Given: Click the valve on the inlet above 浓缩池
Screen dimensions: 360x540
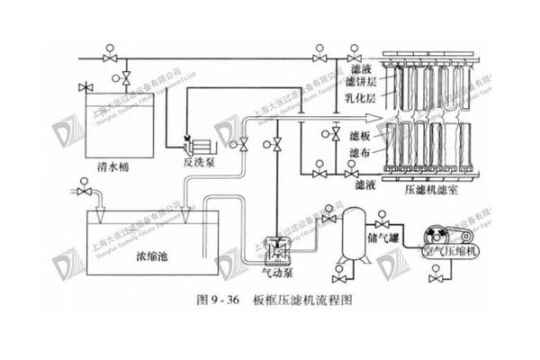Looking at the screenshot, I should click(x=85, y=192).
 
